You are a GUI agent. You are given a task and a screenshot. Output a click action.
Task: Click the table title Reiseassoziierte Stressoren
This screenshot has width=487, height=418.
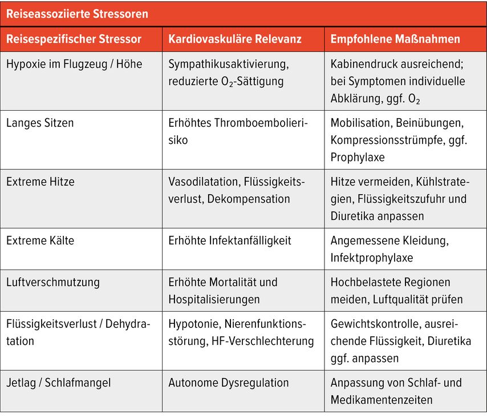pyautogui.click(x=77, y=13)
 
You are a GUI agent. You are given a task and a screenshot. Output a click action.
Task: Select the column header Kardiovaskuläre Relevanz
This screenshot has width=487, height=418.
pyautogui.click(x=235, y=39)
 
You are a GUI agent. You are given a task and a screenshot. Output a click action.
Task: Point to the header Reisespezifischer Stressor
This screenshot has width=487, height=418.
pyautogui.click(x=74, y=39)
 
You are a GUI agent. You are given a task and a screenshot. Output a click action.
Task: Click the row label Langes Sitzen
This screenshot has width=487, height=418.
pyautogui.click(x=40, y=122)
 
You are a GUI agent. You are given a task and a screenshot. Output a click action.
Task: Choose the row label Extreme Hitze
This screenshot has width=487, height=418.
pyautogui.click(x=40, y=182)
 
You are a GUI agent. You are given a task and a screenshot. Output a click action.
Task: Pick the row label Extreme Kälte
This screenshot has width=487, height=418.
pyautogui.click(x=40, y=240)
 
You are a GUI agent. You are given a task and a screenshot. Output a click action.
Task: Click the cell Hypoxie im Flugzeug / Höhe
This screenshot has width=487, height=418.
pyautogui.click(x=74, y=64)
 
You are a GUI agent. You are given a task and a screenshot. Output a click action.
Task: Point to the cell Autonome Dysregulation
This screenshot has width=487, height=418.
pyautogui.click(x=228, y=383)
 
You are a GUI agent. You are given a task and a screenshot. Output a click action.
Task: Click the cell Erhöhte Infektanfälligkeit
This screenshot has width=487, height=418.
pyautogui.click(x=230, y=240)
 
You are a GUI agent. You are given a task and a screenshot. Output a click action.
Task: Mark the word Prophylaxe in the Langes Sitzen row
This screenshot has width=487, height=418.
pyautogui.click(x=358, y=156)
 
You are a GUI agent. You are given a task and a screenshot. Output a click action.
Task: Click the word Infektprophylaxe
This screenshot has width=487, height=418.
pyautogui.click(x=372, y=258)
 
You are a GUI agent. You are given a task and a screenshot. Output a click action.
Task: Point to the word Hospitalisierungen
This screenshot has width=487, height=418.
pyautogui.click(x=214, y=299)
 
